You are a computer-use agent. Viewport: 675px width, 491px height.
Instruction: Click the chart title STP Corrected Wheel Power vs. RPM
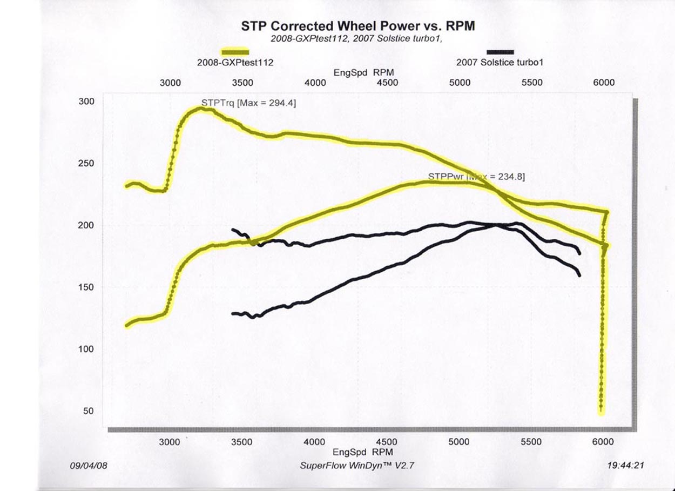point(357,26)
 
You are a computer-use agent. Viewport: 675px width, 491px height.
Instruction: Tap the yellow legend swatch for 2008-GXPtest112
point(235,51)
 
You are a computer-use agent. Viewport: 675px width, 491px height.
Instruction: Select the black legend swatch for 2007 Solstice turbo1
point(500,51)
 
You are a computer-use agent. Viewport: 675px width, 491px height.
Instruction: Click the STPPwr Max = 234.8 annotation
point(476,176)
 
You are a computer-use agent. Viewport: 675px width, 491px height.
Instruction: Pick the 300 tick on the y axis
point(87,102)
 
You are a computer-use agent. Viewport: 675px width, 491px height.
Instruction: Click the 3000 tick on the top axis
point(170,83)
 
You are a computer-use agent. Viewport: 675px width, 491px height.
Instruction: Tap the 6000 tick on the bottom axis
point(603,442)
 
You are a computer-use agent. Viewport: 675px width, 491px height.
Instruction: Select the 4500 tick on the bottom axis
point(387,442)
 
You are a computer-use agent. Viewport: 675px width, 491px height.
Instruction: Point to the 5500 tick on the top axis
point(532,83)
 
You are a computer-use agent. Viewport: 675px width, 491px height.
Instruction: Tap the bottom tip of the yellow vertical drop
point(601,412)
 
